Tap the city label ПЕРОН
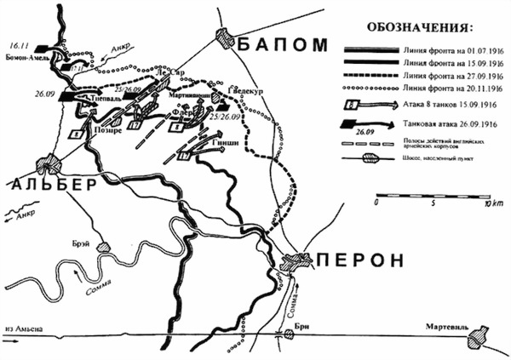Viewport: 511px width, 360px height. tap(359, 261)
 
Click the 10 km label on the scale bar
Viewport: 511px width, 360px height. tap(491, 205)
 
